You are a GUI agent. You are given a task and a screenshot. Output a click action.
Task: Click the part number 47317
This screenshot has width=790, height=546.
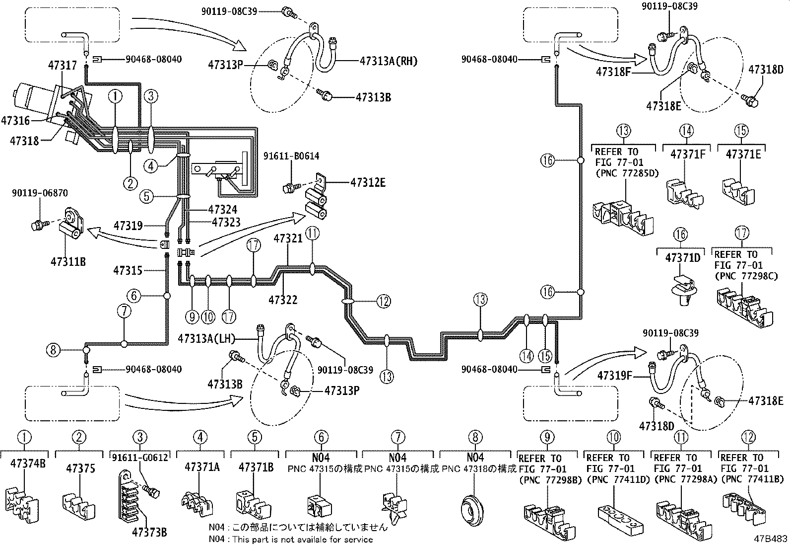coord(63,66)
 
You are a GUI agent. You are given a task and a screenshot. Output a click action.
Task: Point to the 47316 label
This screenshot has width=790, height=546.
coord(15,121)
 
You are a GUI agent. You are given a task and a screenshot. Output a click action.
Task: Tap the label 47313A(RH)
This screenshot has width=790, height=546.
coord(388,61)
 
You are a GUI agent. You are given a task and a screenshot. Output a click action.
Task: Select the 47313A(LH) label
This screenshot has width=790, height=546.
coord(206,339)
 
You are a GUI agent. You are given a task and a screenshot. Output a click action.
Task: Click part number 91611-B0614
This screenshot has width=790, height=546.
coord(291,156)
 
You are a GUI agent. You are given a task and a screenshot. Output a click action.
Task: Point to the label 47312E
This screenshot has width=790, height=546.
coord(368,183)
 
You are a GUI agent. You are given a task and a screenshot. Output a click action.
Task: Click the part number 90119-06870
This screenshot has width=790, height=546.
coord(40,193)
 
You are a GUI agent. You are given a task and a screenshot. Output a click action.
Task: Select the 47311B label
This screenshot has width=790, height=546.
coord(68,262)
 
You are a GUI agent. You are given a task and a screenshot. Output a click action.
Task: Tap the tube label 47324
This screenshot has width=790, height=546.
coord(222,210)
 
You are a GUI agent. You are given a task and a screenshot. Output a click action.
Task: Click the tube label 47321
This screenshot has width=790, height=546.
coord(288,239)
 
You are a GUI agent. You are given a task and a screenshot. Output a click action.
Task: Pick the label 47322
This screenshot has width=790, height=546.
coord(283,300)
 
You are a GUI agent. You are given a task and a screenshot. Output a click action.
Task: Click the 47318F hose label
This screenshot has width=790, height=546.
coord(613,72)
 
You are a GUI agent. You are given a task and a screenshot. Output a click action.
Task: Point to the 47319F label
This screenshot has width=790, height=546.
coord(615,376)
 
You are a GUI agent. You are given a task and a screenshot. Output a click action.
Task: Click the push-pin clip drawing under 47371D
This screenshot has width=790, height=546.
coord(683,291)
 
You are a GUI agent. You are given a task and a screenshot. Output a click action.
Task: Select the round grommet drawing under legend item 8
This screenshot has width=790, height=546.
coord(472,511)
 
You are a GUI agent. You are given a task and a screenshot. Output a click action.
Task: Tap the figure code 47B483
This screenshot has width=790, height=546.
coord(770,539)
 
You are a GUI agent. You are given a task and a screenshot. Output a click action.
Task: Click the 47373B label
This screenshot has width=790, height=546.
coord(149,532)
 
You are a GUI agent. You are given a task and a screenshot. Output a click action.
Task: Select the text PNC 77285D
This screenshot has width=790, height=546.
coord(627,174)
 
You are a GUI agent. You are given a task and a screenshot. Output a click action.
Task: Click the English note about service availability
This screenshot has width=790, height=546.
coord(291,540)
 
